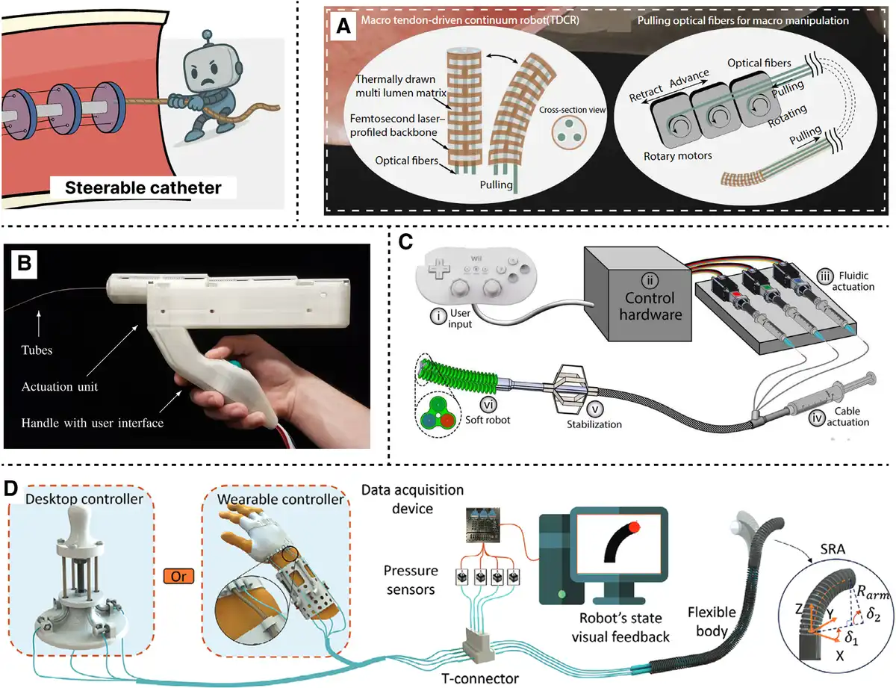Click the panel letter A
[x=343, y=26]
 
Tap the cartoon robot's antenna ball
[x=208, y=34]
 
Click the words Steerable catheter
[x=143, y=188]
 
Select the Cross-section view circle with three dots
[x=569, y=132]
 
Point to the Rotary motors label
[x=677, y=156]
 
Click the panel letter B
[x=25, y=263]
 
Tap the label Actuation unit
[x=60, y=386]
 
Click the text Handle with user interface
[x=93, y=423]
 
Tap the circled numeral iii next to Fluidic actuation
[x=824, y=276]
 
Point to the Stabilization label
[x=594, y=424]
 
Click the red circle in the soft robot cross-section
[x=447, y=421]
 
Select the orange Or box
[x=178, y=576]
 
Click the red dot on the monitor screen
[x=634, y=527]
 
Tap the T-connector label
[x=480, y=678]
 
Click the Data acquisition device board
[x=482, y=524]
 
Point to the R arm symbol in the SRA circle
[x=873, y=592]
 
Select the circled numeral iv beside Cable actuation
[x=817, y=418]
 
